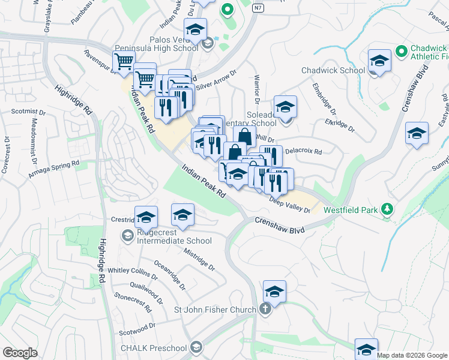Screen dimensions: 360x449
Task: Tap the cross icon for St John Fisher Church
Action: point(265,310)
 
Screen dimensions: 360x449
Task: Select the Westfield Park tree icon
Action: point(388,209)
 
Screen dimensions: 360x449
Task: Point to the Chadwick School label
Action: point(333,70)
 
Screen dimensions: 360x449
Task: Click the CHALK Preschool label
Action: point(154,348)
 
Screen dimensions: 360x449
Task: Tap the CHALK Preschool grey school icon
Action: point(195,347)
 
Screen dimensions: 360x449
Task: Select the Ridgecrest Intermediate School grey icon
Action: point(127,236)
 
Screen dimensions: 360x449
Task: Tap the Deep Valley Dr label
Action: point(289,205)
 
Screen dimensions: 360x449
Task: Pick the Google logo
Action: point(20,353)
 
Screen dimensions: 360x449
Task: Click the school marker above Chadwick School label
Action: point(379,61)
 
